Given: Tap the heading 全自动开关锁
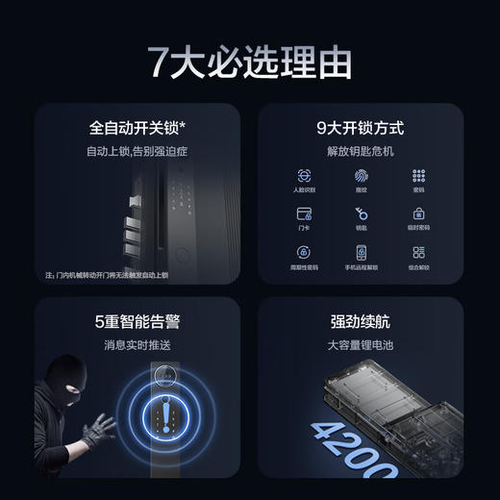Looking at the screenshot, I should pos(135,127).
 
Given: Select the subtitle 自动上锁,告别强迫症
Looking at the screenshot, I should pos(135,152).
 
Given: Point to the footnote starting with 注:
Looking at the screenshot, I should pos(106,275).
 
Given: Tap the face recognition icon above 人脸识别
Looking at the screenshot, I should pos(304,177).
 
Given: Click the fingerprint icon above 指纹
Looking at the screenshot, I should pos(361,177).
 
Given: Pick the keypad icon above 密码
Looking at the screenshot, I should pos(418,177).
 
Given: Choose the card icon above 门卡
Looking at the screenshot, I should pos(304,213).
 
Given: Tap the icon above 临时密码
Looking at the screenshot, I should pos(418,213).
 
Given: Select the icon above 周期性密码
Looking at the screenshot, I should pos(304,252).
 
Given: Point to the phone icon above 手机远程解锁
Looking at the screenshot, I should pos(361,252).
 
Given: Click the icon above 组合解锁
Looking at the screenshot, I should pos(418,252).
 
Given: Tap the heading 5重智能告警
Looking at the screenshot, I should pos(135,321).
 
